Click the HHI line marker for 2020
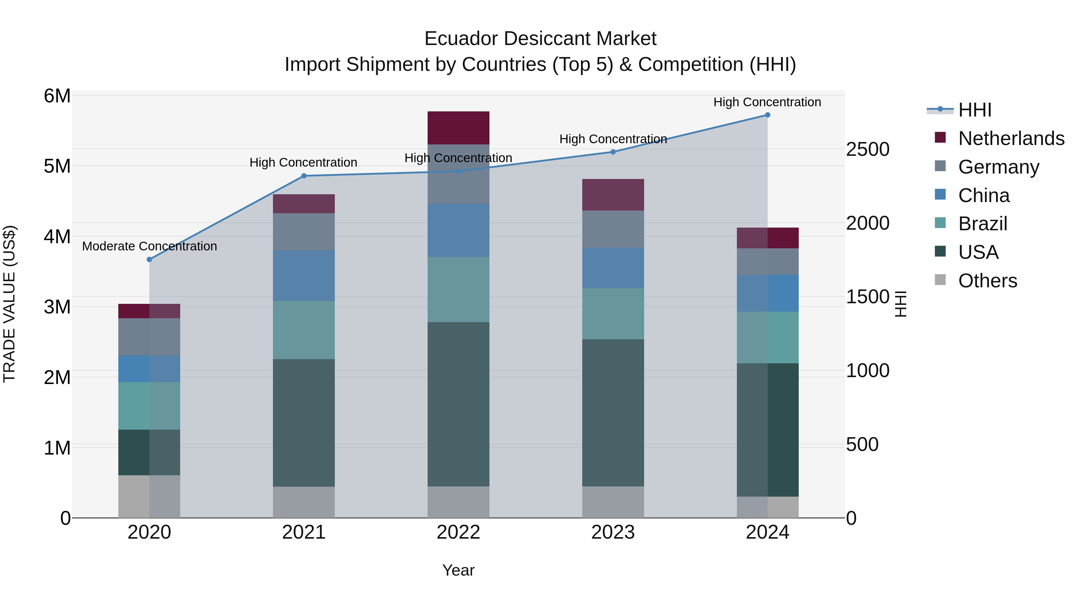click(150, 259)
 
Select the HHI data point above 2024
click(768, 115)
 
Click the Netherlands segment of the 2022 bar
click(458, 128)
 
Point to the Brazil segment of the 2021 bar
click(304, 330)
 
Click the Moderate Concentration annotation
click(150, 246)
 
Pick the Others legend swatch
click(940, 280)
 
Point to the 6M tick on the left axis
click(57, 96)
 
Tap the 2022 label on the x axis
click(458, 532)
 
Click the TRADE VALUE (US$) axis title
click(10, 304)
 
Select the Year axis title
click(458, 570)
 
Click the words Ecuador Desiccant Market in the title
click(540, 39)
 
